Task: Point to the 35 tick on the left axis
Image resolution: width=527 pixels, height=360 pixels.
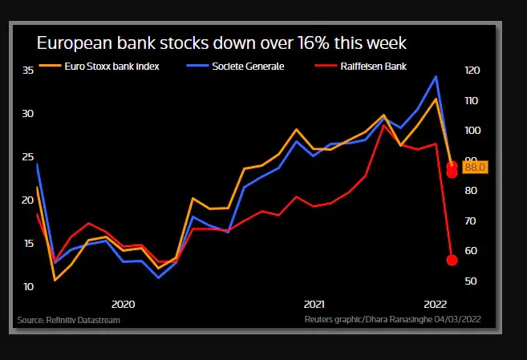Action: (x=27, y=71)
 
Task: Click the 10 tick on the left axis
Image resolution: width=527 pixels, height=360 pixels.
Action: (x=27, y=286)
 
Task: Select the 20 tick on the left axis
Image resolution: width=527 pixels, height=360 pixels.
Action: (x=27, y=200)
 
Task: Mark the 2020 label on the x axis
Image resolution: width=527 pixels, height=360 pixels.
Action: (x=123, y=304)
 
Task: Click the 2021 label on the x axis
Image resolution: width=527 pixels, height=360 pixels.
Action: (x=314, y=304)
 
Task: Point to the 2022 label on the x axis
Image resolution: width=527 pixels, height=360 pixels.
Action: (x=435, y=304)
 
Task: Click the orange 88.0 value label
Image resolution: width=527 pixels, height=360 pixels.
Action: (x=475, y=167)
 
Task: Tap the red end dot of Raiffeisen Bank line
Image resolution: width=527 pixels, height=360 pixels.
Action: (x=452, y=260)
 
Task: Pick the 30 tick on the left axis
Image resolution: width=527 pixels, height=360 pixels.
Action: (x=27, y=113)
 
